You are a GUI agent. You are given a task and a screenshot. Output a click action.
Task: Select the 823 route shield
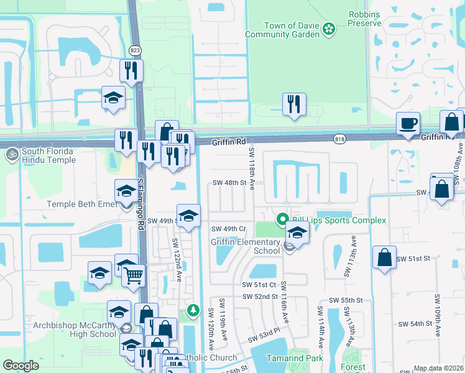coord(134,50)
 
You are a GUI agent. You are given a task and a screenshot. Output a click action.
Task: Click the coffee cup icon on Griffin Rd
coord(408,123)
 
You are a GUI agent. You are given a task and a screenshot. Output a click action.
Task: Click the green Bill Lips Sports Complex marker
coord(282,220)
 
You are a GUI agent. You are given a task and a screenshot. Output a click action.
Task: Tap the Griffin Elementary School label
coord(246,247)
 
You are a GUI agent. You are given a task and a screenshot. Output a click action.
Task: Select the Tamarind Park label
coord(291,359)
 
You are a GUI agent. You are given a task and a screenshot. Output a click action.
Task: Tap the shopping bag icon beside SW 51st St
coord(384,256)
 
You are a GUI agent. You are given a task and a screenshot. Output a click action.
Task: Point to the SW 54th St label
coord(415,324)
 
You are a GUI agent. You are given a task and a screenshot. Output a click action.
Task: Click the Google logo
coord(21,366)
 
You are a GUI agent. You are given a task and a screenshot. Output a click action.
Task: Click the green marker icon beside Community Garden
coord(329,28)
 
